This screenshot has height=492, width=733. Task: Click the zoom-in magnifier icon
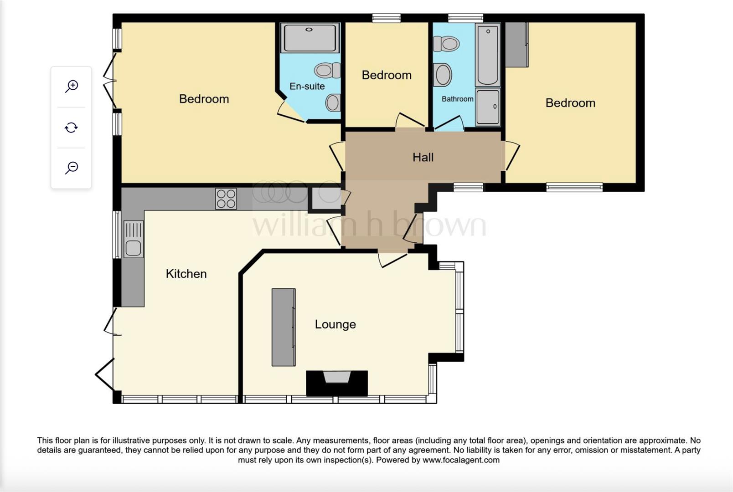pos(72,86)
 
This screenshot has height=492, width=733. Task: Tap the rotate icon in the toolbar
pos(71,128)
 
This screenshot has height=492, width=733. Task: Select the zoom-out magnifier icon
pos(72,168)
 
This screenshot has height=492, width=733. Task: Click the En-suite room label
pos(307,86)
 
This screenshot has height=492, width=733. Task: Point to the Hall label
pos(423,158)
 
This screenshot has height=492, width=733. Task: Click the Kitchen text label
pos(186,274)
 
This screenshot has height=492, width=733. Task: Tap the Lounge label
pos(335,324)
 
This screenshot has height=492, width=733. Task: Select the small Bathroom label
pos(457,99)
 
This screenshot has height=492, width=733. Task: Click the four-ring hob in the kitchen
pos(226,199)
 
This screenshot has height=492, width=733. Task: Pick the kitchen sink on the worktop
pos(133,239)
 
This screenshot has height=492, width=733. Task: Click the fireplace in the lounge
pos(337,383)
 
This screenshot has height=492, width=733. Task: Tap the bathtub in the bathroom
pos(488,55)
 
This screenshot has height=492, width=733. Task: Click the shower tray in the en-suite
pos(310,38)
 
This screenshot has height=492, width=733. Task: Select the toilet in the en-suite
pos(327,71)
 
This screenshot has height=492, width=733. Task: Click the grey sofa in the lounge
pos(284,327)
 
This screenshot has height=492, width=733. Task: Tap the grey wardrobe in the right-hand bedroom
pos(516,45)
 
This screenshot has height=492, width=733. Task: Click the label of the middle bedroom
pos(387,75)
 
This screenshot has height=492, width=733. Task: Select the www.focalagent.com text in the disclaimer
pos(461,460)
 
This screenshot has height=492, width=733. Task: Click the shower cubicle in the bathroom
pos(488,108)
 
